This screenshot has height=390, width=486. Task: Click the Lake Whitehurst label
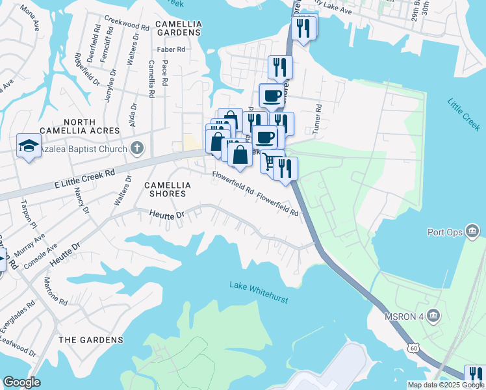tap(258, 285)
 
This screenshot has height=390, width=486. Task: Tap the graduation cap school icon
tap(29, 146)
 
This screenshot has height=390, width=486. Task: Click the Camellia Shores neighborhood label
tap(168, 189)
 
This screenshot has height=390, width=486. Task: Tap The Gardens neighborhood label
tap(90, 340)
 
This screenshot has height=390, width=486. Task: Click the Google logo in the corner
tap(21, 382)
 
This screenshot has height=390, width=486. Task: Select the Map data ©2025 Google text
tap(445, 385)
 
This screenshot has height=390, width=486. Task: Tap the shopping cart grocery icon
tap(270, 162)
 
